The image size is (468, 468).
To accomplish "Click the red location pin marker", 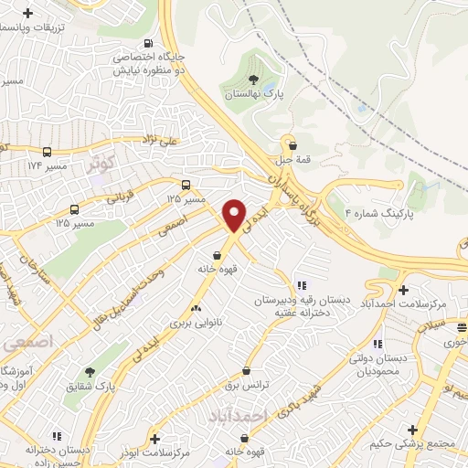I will tap(235, 216).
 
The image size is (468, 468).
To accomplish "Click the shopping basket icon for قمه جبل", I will tap(292, 144).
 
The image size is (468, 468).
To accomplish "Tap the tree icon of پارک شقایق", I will tap(90, 371).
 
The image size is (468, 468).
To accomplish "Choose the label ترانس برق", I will tap(248, 385).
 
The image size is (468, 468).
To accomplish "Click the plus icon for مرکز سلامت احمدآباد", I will tap(403, 290).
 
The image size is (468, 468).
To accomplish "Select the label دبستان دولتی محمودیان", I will tap(379, 366).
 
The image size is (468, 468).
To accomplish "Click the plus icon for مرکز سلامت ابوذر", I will tap(154, 439).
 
